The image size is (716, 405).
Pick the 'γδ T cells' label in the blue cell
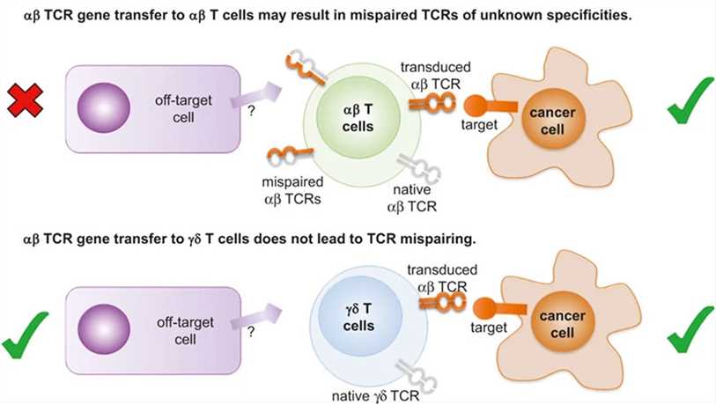tap(358, 320)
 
